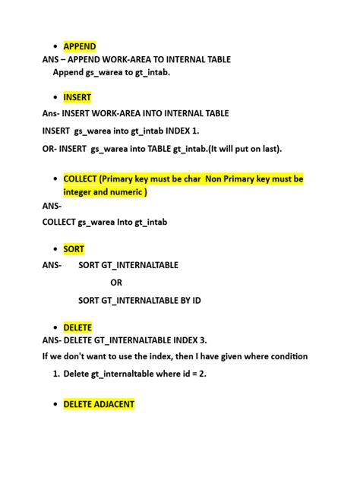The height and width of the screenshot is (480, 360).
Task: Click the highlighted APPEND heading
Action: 80,46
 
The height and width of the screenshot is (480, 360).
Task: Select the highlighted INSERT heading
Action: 77,97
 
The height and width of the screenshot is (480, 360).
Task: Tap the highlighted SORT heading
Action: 74,249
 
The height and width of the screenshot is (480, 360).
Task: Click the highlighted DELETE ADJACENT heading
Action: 99,404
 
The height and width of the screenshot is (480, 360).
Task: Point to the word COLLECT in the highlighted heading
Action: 80,178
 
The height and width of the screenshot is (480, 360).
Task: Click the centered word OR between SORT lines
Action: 116,283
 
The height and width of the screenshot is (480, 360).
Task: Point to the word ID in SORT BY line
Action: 195,301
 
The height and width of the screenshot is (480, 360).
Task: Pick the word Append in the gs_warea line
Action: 68,72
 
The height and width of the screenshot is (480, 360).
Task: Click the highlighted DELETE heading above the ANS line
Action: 77,327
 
